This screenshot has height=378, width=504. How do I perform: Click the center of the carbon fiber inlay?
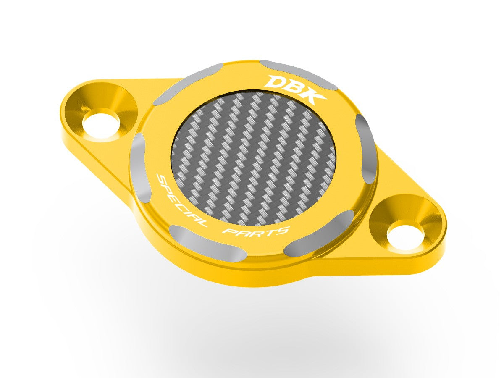point(254,158)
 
